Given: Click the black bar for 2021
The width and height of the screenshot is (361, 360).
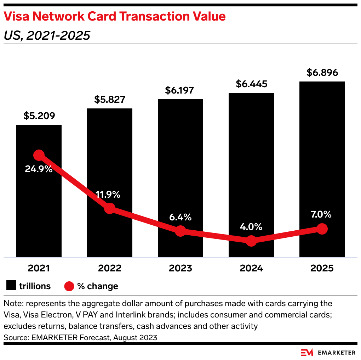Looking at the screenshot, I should point(39,213).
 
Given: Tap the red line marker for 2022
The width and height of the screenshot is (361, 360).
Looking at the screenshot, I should point(110,208).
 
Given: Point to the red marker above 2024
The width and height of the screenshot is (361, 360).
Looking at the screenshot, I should point(251,241).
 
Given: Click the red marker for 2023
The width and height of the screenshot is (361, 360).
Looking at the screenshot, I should point(180,231).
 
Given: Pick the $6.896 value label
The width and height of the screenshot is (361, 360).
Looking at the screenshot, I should point(322,73).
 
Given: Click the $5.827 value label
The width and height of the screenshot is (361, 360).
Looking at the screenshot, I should point(110,100).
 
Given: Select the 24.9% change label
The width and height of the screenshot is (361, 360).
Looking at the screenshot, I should point(39,169).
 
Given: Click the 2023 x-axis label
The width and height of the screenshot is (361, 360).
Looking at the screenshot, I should point(180,268).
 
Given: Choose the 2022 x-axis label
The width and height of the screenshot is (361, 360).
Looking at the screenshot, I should point(110,268).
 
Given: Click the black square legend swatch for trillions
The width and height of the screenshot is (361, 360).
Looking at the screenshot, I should point(11,286).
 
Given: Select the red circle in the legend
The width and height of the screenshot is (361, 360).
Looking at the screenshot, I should point(69,286).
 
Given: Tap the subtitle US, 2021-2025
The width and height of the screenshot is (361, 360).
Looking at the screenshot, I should point(46,35).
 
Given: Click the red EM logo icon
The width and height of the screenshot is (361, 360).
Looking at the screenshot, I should point(307,352).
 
